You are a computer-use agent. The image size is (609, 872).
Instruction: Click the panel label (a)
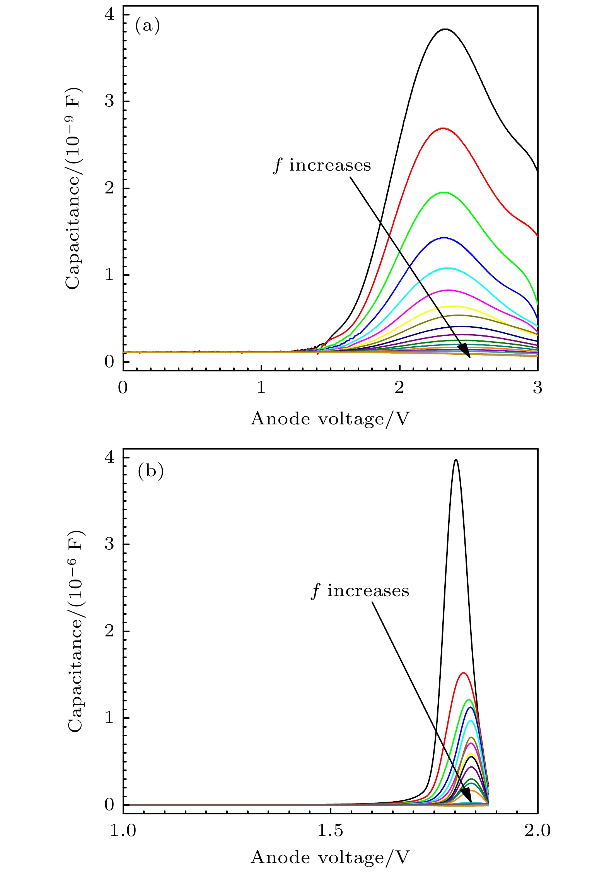[x=147, y=26]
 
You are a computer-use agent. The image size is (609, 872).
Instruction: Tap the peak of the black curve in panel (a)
[x=446, y=29]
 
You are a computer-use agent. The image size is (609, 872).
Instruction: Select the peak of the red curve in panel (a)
[x=443, y=128]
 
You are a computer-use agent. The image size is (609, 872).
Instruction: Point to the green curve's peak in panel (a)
[x=444, y=192]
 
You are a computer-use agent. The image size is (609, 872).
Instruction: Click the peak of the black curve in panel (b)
[x=456, y=460]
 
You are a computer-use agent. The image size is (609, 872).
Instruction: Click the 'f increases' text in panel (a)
[x=322, y=166]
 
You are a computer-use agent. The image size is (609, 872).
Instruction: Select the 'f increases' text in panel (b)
[x=360, y=591]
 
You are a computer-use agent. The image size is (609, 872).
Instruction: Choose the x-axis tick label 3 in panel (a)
[x=537, y=387]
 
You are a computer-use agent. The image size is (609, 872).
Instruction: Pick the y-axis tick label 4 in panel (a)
[x=109, y=15]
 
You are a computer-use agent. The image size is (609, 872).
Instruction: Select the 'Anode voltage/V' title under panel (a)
[x=330, y=419]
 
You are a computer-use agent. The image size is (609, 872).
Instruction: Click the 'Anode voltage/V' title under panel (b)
[x=330, y=857]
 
